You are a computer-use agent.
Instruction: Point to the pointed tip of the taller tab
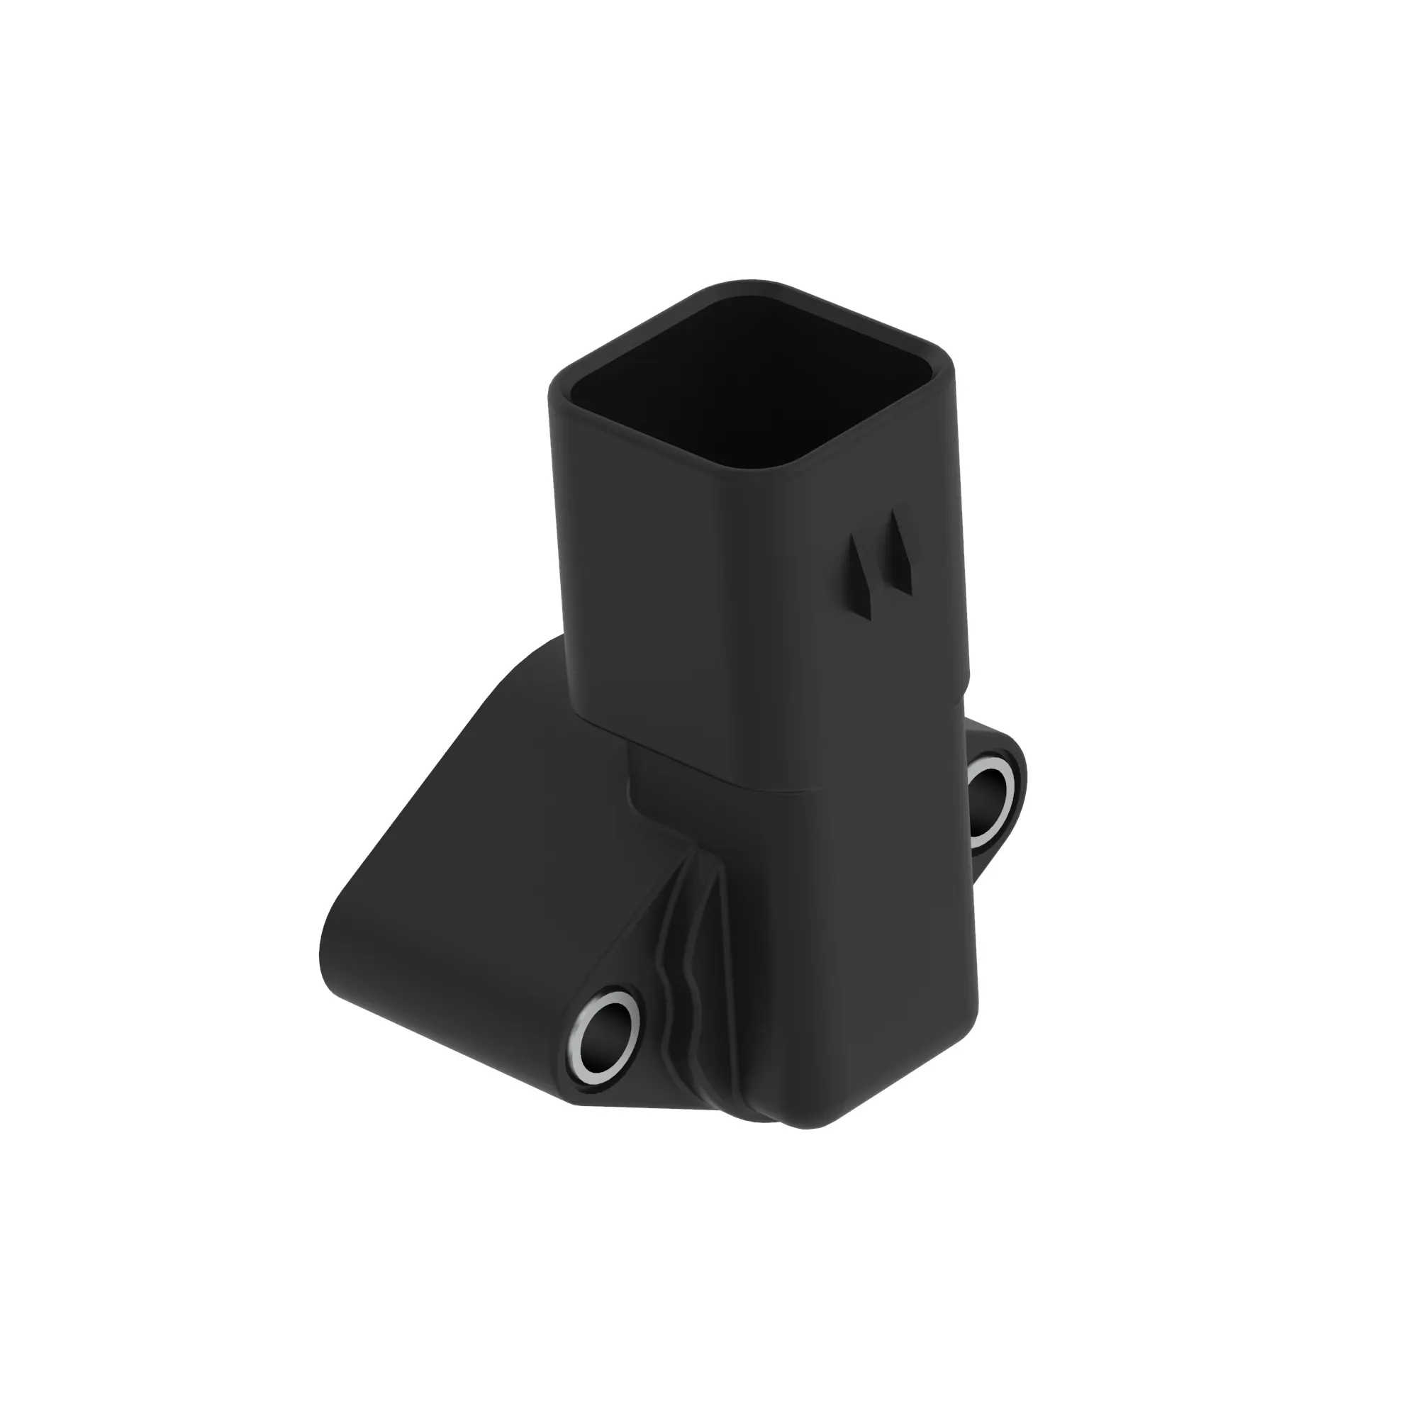coord(895,513)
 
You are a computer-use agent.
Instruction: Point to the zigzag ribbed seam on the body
coord(679,983)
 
